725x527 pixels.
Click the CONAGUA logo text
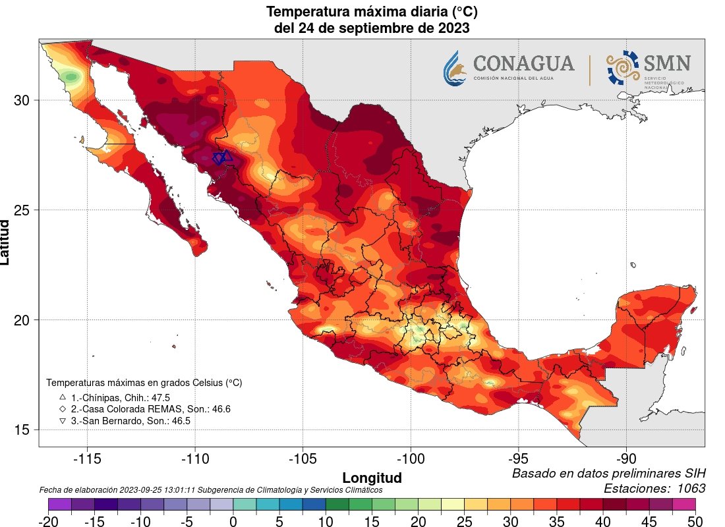pos(523,64)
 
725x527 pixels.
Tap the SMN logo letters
pos(667,64)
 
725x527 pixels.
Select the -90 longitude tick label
pos(626,458)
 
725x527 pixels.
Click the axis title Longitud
pos(372,477)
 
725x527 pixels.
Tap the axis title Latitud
pos(6,242)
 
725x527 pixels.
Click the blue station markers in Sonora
pos(222,157)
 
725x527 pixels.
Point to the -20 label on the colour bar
pos(48,520)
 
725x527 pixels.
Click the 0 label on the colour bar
pos(233,520)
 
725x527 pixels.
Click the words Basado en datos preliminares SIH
pos(609,474)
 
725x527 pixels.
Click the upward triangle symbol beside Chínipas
pos(63,397)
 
